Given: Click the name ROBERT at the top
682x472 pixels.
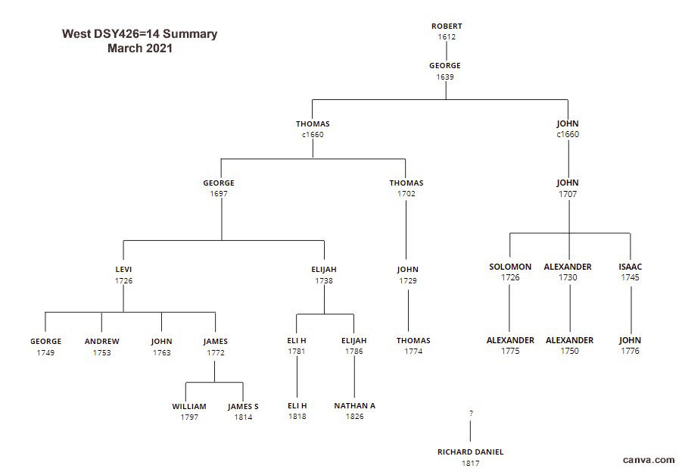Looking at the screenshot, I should tap(447, 27).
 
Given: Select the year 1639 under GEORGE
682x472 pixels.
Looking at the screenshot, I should tap(445, 77).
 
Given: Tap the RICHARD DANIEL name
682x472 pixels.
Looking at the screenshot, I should tap(470, 452).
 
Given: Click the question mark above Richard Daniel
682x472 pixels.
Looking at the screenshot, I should tap(471, 413).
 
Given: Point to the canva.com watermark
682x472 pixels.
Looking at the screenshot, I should tap(649, 459).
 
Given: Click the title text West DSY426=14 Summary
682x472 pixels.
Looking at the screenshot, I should tap(139, 34).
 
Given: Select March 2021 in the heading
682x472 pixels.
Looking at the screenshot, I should tap(140, 48).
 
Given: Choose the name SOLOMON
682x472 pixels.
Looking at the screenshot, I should tap(510, 267).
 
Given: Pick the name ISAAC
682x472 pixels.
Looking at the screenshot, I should tap(630, 267).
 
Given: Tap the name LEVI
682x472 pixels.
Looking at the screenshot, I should tap(123, 270).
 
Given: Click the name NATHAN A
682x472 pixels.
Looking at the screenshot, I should tap(354, 406).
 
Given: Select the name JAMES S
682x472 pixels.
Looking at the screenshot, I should tap(243, 407).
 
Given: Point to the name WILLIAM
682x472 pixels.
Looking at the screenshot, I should tap(189, 407).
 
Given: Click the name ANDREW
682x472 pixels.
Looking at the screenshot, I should tap(101, 342).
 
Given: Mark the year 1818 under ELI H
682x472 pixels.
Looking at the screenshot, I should tap(297, 417).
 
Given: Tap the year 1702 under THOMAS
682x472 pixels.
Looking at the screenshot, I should tap(406, 194).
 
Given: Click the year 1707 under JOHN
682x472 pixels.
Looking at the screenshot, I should tap(568, 194).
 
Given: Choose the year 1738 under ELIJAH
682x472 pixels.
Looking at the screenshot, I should tap(324, 280).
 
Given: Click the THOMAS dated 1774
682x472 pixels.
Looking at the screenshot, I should tap(413, 341).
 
